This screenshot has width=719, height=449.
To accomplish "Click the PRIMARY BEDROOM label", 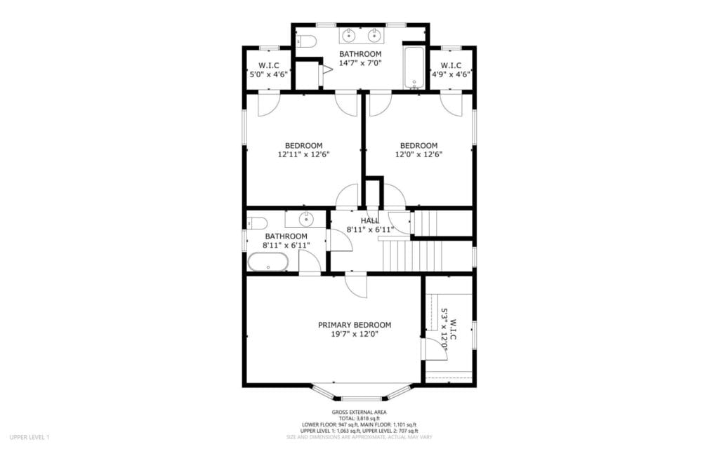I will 355,325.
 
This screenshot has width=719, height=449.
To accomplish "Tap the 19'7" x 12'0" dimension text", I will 355,335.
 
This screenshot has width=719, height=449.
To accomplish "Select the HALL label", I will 369,220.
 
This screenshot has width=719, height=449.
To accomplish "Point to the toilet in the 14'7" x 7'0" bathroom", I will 305,42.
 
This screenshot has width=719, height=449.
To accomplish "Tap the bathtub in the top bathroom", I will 414,67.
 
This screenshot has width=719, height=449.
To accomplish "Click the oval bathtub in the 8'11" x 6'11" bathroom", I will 268,262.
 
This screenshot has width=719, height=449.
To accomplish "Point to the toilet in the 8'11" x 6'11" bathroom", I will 256,223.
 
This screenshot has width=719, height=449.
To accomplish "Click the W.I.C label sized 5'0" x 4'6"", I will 268,65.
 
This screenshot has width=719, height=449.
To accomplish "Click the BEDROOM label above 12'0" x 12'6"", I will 418,146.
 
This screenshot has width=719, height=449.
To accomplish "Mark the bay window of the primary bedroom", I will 361,391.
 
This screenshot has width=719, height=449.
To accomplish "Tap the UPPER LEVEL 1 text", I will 29,437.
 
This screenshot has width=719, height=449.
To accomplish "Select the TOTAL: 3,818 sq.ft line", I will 359,418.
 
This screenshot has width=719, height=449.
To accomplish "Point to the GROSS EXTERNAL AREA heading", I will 359,412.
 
